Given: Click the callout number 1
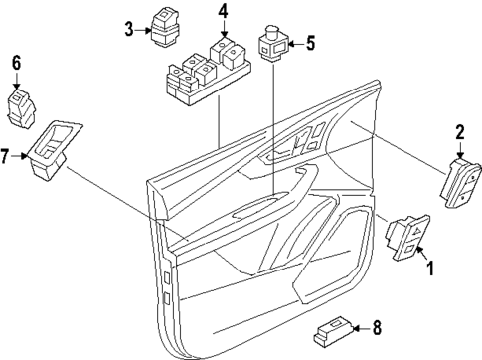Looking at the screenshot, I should [x=430, y=268].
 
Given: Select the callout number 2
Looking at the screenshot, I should [x=460, y=131].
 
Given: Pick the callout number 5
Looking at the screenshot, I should [x=309, y=43].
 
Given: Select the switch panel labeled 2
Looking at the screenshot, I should [x=463, y=182].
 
